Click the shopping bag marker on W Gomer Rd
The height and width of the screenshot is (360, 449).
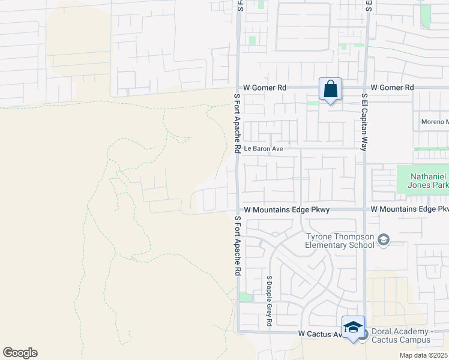pos(330,89)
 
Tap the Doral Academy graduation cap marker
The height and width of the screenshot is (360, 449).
pos(353,327)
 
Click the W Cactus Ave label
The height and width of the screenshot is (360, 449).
pos(319,333)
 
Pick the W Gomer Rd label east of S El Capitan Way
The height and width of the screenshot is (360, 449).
pos(392,88)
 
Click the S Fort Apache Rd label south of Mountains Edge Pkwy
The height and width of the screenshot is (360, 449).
pos(237,245)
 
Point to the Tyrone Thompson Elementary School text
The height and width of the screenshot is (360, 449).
pos(339,241)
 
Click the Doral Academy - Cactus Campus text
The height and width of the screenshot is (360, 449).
pos(401,335)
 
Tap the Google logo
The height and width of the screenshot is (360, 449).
pos(20,353)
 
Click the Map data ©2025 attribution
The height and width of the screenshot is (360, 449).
pos(423,355)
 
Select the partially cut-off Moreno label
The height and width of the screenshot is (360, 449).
pos(435,122)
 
